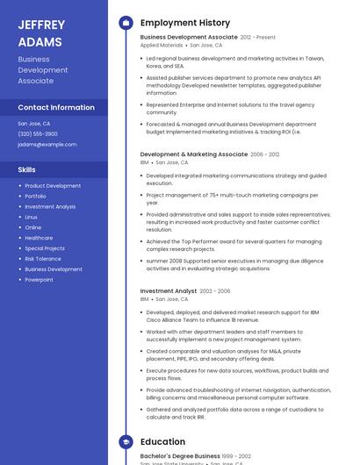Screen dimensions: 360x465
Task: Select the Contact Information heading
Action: pos(56,107)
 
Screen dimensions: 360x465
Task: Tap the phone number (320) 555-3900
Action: pos(38,133)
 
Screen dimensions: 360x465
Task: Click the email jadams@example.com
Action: pos(47,144)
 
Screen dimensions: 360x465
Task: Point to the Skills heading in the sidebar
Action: pos(26,169)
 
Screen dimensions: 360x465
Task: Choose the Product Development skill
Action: pos(53,186)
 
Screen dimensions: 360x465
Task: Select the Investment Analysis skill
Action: pos(50,206)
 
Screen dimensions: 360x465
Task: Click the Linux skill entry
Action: pos(31,217)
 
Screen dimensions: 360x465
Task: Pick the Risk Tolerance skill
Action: pos(43,259)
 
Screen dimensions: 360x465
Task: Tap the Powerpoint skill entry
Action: pos(39,280)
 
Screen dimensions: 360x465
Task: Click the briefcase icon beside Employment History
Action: pos(126,23)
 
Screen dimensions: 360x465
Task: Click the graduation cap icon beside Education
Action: pos(126,442)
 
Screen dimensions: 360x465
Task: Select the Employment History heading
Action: pos(185,23)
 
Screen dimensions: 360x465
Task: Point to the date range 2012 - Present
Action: pos(258,38)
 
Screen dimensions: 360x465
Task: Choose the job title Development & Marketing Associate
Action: pos(194,154)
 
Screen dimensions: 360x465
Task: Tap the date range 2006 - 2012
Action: pos(265,154)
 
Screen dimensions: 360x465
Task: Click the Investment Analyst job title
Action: pos(169,291)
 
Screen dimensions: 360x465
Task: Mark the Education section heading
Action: pos(162,442)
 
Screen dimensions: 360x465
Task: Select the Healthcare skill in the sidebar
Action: pos(39,238)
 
